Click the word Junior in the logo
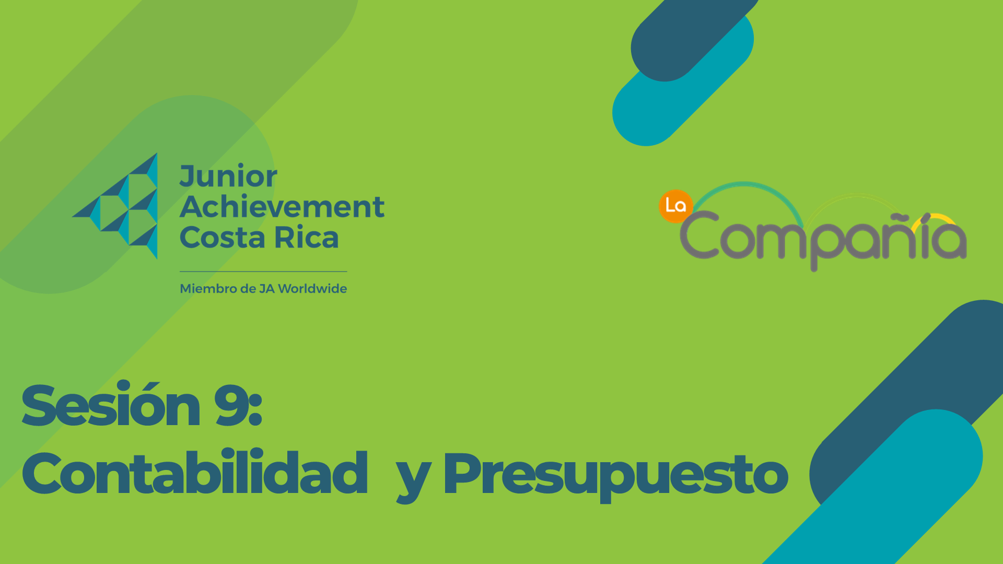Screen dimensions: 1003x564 pos(228,176)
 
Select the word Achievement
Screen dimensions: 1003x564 pos(282,206)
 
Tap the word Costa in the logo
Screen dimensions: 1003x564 pos(223,237)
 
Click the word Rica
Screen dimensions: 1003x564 pos(307,237)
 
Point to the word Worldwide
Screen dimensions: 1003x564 pos(312,289)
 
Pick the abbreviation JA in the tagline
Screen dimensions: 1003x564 pos(267,289)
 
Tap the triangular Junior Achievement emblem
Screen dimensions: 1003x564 pos(115,206)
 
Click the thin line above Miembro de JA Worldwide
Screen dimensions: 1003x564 pos(263,272)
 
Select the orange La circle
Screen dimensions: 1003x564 pos(675,206)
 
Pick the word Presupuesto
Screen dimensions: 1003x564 pos(616,476)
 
